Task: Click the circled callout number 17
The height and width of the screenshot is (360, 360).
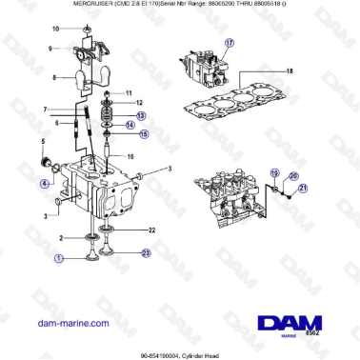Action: [x=229, y=44]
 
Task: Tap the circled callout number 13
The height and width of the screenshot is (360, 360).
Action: [x=143, y=116]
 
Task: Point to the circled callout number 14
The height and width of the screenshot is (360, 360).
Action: [x=143, y=126]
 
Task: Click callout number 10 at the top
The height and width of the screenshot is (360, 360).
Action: [x=55, y=29]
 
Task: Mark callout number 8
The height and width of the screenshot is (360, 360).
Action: [x=54, y=77]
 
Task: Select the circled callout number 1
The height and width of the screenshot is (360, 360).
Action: [x=59, y=257]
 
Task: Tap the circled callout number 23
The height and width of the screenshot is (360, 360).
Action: [x=146, y=252]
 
